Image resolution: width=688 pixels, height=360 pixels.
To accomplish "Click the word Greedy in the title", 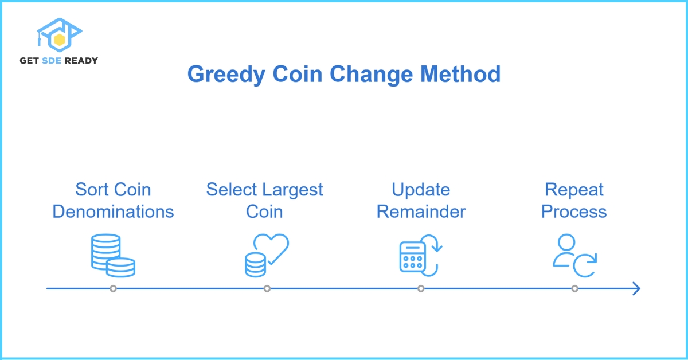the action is click(x=226, y=75).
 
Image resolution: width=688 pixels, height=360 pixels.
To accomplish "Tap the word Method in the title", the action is click(x=460, y=74).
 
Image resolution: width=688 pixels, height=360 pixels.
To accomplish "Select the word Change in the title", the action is click(x=371, y=75).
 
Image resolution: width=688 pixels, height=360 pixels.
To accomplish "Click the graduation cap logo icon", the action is click(x=59, y=35).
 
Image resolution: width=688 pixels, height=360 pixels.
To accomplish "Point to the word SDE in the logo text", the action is click(x=52, y=61).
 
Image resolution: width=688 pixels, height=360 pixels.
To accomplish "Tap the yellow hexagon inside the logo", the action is click(x=59, y=40).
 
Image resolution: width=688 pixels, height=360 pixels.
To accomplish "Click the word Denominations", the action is click(x=113, y=212).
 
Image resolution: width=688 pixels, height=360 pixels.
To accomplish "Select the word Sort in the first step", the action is click(x=89, y=189).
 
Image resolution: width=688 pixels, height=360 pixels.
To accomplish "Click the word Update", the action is click(x=421, y=190).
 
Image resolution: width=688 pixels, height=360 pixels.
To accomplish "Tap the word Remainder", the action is click(x=421, y=212).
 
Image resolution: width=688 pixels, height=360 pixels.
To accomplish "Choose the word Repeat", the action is click(x=574, y=190).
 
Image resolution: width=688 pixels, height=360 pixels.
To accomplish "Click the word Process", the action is click(x=574, y=212).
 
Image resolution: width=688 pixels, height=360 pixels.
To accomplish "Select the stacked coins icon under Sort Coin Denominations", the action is click(x=113, y=256).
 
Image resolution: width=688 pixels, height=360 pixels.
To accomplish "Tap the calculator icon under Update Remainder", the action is click(x=412, y=257).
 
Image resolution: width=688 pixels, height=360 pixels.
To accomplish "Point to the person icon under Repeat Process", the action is click(x=566, y=250).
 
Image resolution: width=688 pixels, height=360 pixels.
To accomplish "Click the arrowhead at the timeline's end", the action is click(x=636, y=288).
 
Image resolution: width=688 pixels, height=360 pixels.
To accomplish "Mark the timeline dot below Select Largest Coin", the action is click(x=267, y=288).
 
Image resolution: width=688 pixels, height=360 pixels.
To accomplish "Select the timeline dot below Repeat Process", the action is click(x=574, y=288).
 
